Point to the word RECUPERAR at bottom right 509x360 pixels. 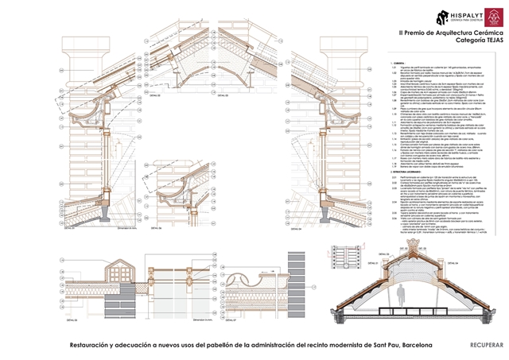tap(486, 345)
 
